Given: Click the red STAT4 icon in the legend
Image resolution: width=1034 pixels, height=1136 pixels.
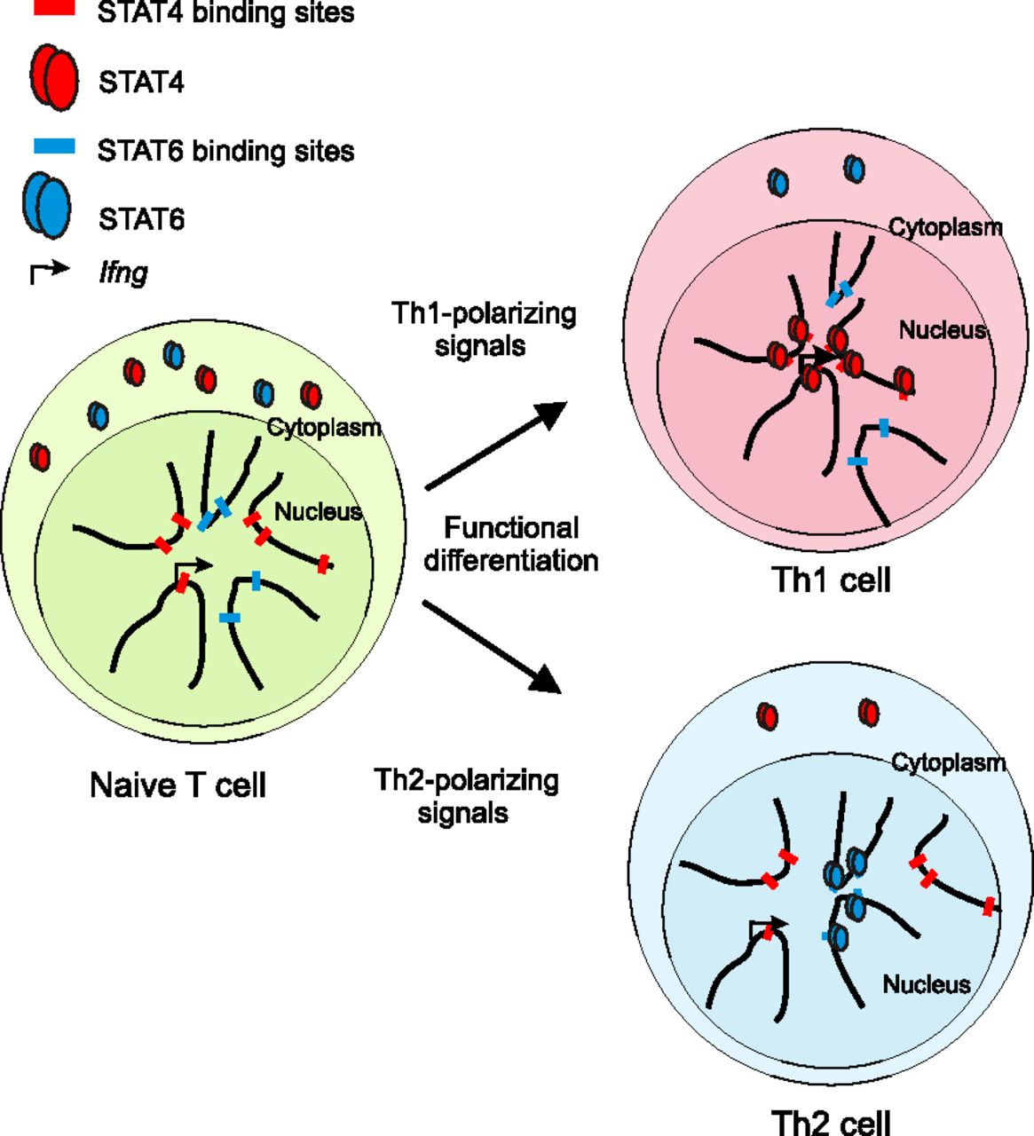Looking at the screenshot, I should click(x=53, y=80).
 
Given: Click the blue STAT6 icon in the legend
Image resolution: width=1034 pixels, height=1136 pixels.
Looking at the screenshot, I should click(x=47, y=207).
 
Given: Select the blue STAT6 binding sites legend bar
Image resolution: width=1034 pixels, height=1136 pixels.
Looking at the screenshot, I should click(x=59, y=146).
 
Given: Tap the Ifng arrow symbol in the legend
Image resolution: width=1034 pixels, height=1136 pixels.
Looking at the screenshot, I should click(x=49, y=271).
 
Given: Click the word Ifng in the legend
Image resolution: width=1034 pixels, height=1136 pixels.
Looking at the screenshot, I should click(x=122, y=272).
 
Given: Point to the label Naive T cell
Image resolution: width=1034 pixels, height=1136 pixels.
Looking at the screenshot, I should click(x=178, y=785).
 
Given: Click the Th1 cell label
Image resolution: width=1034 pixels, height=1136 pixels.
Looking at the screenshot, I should click(x=831, y=580).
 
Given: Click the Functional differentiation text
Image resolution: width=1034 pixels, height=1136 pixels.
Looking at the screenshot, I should click(x=511, y=544).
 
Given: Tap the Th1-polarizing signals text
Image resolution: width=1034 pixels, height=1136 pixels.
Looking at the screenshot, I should click(x=484, y=328).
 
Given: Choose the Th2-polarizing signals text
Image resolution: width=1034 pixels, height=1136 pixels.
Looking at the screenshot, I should click(x=466, y=796).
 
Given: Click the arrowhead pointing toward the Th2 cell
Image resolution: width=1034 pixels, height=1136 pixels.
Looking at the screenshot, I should click(x=546, y=680).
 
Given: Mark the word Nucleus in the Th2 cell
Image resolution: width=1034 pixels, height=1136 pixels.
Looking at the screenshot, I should click(x=926, y=984).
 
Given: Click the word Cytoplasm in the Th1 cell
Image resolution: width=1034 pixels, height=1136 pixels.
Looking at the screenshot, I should click(x=945, y=227).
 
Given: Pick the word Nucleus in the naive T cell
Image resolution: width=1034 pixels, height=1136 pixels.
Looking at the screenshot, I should click(x=318, y=511).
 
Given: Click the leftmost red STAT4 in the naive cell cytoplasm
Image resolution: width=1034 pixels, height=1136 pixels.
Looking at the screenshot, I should click(x=40, y=456).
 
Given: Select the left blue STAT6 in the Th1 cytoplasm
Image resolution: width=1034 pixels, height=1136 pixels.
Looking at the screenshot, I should click(x=777, y=183).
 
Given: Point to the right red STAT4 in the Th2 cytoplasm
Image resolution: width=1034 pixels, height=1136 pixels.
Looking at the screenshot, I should click(x=869, y=712).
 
